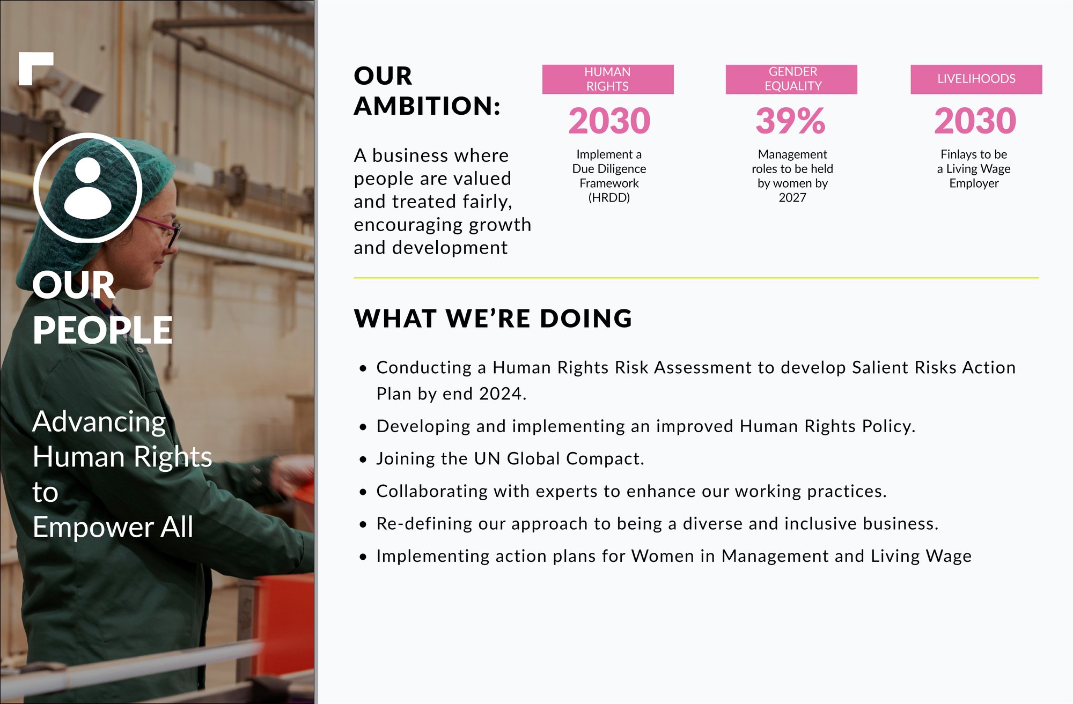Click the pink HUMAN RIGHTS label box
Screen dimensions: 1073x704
(608, 79)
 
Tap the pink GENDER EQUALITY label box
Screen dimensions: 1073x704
(791, 79)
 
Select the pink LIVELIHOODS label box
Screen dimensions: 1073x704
(976, 79)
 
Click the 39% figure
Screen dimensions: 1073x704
(791, 121)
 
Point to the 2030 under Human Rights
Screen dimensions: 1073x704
(609, 121)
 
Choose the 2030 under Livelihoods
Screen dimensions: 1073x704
(975, 121)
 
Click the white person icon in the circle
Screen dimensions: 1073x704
(88, 188)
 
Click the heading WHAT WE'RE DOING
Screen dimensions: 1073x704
(493, 318)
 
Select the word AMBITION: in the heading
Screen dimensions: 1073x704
(427, 106)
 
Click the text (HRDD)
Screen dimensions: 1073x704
(609, 198)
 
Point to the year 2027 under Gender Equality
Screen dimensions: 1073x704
(792, 198)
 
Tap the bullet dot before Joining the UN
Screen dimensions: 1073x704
(363, 460)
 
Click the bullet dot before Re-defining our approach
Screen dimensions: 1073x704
(363, 524)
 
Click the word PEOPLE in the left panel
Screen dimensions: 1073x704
(102, 330)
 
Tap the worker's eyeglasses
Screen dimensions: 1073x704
(161, 230)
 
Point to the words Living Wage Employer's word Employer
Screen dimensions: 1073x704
(974, 183)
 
